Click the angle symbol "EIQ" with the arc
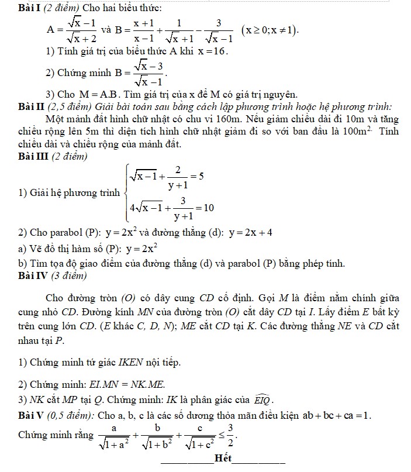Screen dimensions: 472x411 point(263,400)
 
